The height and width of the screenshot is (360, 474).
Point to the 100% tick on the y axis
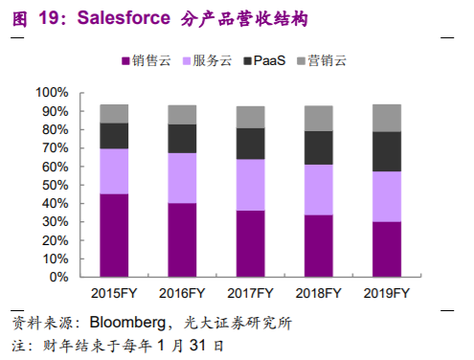52,93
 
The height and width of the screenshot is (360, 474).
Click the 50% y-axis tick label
55,185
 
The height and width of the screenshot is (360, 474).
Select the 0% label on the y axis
58,278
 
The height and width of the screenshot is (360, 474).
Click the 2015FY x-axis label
114,292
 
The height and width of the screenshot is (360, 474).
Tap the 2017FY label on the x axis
250,292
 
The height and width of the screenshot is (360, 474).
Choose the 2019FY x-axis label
386,292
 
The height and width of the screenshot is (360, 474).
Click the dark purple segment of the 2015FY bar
114,236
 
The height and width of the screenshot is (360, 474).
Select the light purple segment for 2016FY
182,178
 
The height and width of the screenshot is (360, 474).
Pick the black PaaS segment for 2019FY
386,151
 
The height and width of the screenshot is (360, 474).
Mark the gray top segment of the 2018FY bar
318,119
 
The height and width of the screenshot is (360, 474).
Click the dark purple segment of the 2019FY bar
386,249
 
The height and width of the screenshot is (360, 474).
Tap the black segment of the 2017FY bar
250,144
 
